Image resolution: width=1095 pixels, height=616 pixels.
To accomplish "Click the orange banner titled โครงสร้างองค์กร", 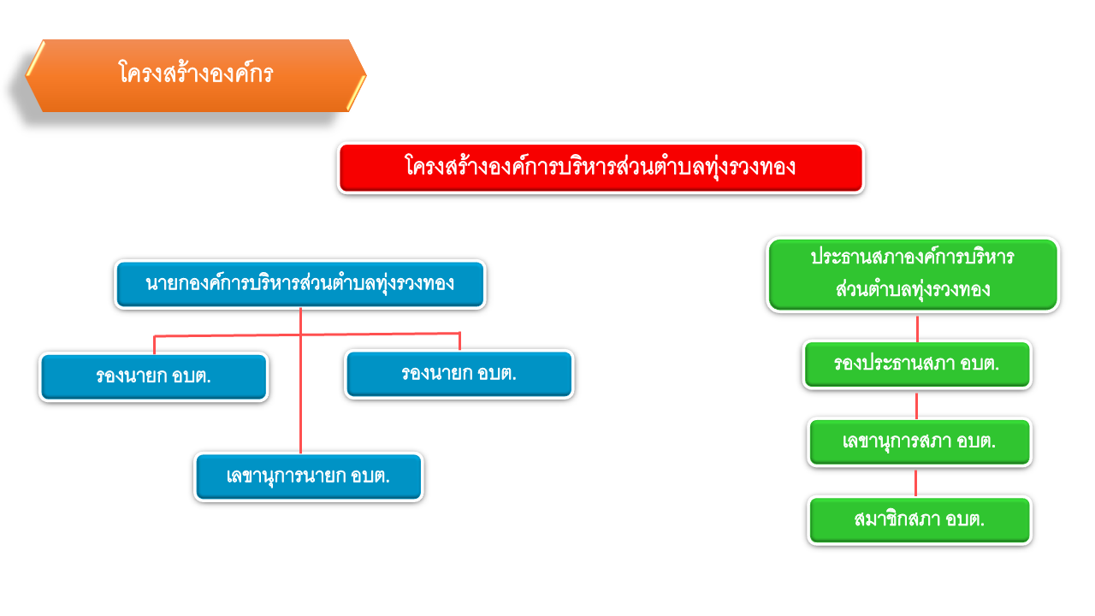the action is click(196, 76).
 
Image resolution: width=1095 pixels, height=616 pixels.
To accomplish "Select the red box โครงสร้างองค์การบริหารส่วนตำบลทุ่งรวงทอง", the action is click(601, 168).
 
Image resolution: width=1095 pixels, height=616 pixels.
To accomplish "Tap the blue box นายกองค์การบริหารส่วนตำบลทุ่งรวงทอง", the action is click(300, 284).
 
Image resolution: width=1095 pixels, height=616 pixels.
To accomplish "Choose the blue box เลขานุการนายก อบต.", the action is click(309, 477).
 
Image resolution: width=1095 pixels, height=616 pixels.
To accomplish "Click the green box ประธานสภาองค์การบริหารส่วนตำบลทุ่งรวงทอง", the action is click(913, 275).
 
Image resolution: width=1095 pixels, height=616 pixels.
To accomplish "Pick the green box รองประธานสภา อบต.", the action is click(917, 364).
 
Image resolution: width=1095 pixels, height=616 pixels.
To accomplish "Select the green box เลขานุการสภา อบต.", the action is click(919, 442).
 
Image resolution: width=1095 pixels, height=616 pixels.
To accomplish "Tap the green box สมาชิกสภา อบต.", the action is click(919, 519).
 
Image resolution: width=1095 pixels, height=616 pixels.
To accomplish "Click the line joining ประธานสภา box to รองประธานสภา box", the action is click(917, 329).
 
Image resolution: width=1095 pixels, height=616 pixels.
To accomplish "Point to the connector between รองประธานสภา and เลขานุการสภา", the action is click(916, 406).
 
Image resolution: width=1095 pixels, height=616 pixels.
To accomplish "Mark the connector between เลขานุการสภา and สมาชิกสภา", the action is click(915, 483).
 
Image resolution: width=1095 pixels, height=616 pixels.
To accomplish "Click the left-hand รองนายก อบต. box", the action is click(153, 376).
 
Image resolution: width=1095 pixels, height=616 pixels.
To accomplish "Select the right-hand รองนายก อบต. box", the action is click(459, 374).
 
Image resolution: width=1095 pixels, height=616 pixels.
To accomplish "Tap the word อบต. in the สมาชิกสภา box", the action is click(965, 519).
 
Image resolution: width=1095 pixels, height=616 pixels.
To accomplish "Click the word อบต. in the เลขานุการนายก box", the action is click(370, 477).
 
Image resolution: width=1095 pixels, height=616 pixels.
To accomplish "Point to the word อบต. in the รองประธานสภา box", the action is click(980, 364).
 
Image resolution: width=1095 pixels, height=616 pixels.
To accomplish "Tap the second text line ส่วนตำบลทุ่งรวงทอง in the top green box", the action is click(913, 290).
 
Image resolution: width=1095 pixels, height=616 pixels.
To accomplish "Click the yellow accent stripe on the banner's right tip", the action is click(357, 93).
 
